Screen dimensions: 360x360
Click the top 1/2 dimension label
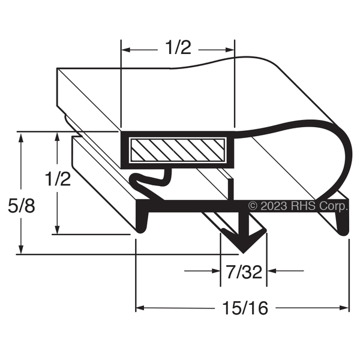coord(178,48)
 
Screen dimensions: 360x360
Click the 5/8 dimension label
coord(22,206)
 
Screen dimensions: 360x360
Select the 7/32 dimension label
coord(244,272)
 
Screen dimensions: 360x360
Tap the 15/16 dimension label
coord(245,308)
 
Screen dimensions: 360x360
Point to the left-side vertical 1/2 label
coord(58,179)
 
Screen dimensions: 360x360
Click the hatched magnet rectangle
coord(177,150)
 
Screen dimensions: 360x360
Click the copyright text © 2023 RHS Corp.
coord(298,206)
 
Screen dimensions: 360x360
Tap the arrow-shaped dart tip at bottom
coord(244,241)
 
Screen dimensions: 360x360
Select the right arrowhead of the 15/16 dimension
coord(344,308)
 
